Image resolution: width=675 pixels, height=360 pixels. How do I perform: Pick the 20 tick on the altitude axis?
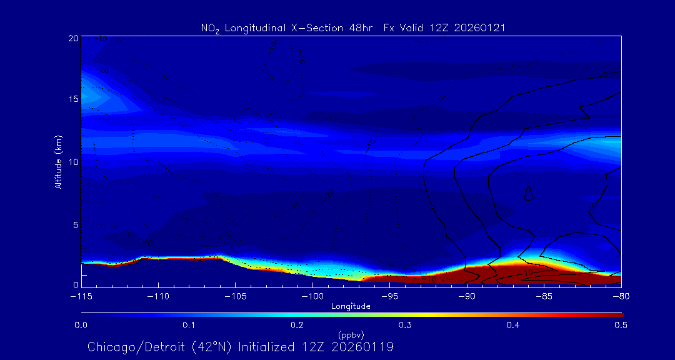click(72, 38)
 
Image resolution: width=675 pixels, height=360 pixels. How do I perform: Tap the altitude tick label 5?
click(74, 224)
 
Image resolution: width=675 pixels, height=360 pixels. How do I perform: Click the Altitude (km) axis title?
click(58, 161)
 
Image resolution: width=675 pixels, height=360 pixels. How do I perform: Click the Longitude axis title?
click(351, 306)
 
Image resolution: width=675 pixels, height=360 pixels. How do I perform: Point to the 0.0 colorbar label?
click(81, 325)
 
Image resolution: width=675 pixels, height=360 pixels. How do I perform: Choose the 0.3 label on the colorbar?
click(405, 325)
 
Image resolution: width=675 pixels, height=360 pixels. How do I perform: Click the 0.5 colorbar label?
click(621, 325)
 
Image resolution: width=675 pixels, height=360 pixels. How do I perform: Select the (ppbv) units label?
click(351, 335)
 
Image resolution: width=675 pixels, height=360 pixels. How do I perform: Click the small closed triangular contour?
click(529, 194)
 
